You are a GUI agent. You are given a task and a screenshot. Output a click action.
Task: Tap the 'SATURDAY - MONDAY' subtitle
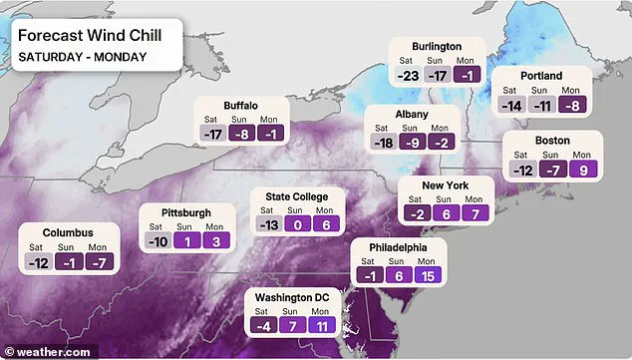(83, 56)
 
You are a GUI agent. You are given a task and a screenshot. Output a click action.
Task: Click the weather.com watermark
(48, 351)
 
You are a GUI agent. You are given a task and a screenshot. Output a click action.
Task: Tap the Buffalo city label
(240, 105)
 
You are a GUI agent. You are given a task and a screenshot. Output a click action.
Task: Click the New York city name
(446, 185)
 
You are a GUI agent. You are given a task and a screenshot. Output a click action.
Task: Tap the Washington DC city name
(294, 296)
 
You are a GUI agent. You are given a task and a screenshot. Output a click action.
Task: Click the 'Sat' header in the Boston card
(519, 154)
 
